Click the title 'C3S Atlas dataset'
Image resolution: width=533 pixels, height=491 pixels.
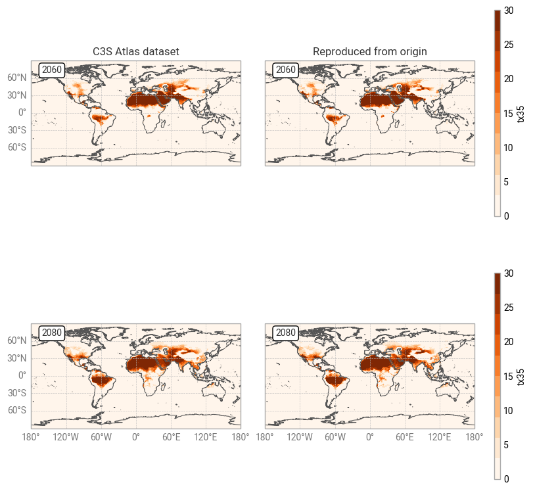coord(135,51)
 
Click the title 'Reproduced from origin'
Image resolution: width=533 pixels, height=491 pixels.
coord(369,51)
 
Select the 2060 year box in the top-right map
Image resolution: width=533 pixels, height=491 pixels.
coord(285,70)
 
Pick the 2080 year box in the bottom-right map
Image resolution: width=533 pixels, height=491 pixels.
coord(285,333)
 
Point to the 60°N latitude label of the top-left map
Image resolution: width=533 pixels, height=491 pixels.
coord(16,78)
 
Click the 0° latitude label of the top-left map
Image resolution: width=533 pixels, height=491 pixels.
coord(22,112)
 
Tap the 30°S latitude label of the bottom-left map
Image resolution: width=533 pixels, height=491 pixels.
coord(16,393)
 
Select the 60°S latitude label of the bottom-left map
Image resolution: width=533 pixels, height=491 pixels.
coord(16,410)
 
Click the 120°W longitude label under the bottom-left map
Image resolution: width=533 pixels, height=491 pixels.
coord(66,437)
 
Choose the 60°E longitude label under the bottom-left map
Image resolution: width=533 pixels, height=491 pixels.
coord(171,437)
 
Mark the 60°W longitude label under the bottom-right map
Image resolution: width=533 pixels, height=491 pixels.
coord(335,437)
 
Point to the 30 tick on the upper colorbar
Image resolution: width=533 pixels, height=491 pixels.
coord(509,11)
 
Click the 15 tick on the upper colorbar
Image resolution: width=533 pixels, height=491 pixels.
coord(509,113)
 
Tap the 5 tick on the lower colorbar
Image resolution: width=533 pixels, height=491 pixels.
coord(507,445)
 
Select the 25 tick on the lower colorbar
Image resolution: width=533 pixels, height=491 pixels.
coord(509,308)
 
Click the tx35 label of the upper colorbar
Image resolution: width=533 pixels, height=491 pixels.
coord(521,113)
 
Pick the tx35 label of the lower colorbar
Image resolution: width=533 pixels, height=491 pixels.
coord(521,376)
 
